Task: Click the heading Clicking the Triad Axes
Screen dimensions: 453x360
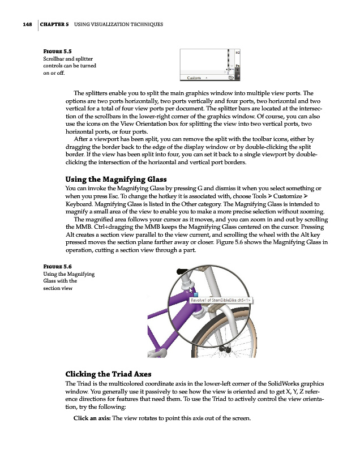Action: [x=114, y=374]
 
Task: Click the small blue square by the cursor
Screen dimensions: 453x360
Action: [x=195, y=295]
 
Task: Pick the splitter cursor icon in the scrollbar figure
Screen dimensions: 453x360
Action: [x=229, y=70]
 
